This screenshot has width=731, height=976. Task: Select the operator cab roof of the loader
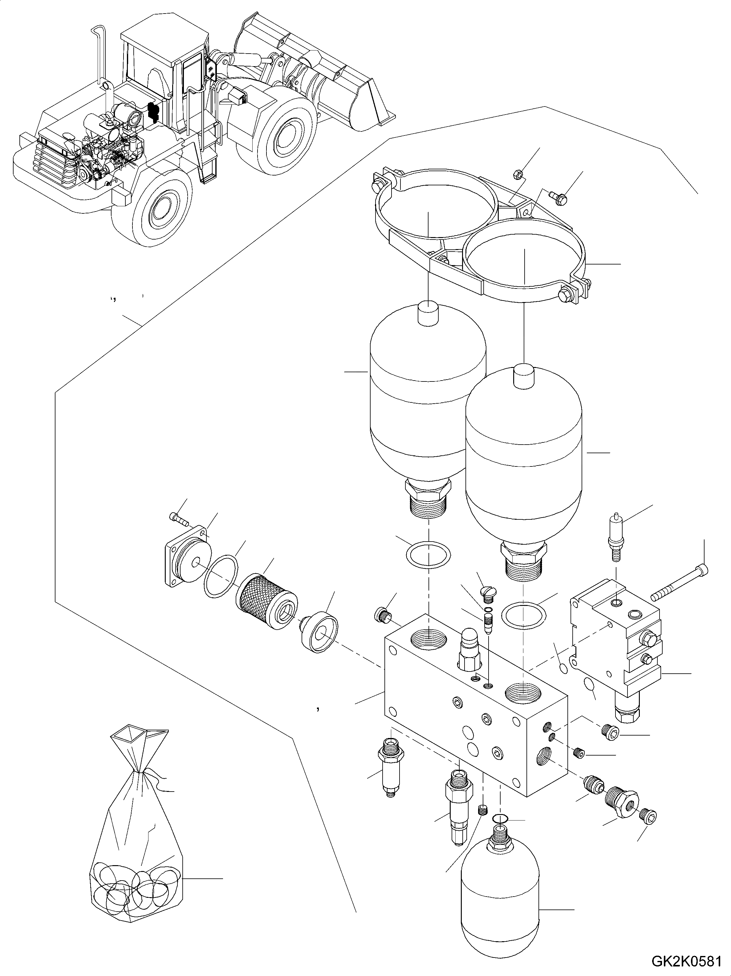(163, 33)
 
